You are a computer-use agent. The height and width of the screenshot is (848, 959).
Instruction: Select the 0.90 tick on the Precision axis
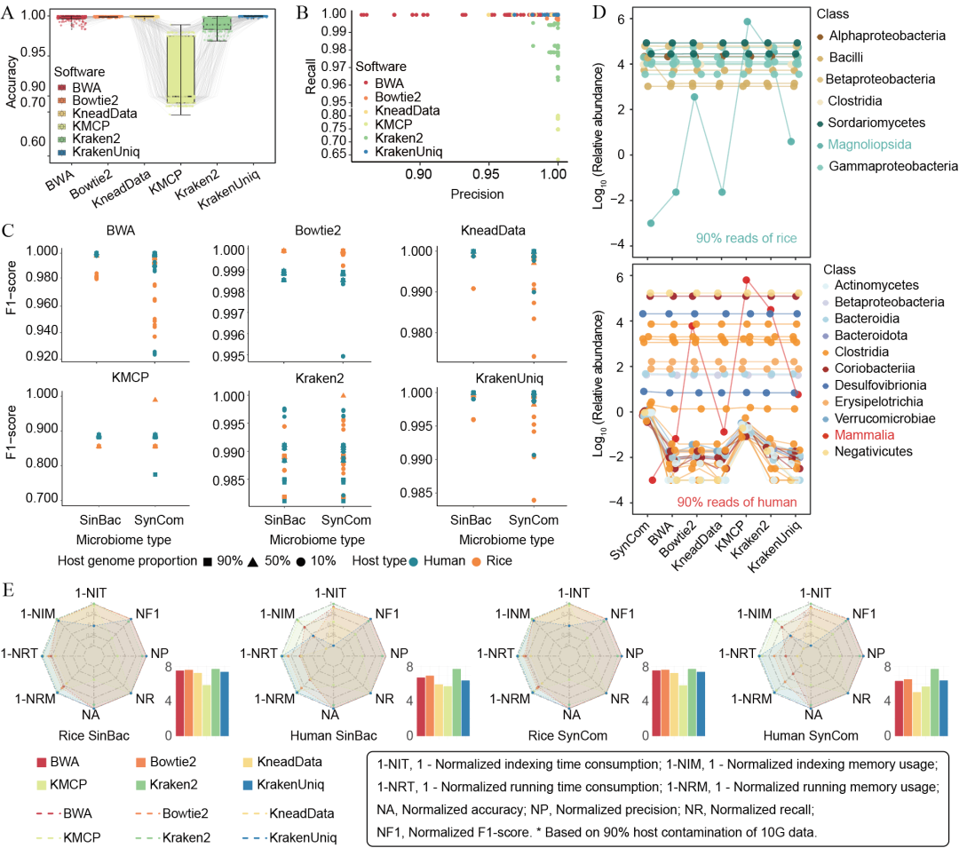click(419, 174)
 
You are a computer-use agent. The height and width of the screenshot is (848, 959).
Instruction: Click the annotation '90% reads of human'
click(736, 501)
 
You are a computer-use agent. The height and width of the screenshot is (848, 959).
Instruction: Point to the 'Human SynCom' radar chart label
click(812, 735)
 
